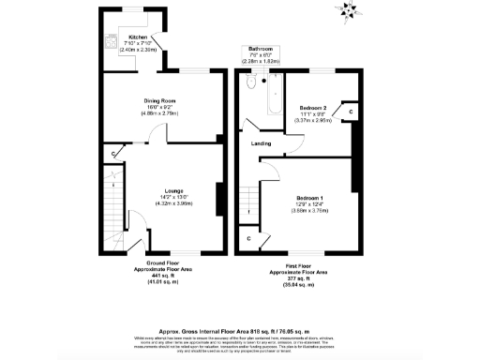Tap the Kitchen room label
[126, 37]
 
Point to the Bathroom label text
[261, 48]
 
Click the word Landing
[262, 143]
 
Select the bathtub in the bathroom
[274, 94]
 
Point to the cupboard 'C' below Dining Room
[114, 152]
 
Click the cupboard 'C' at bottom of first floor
[249, 239]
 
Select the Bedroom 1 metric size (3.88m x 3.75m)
[309, 211]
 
